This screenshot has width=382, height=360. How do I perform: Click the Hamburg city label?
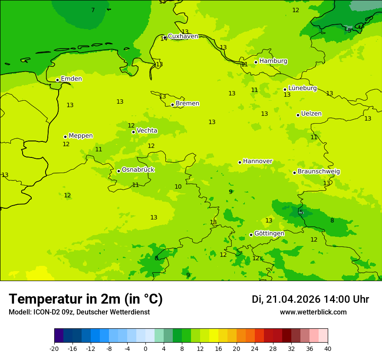click(x=273, y=61)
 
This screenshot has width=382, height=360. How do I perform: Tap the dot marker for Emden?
click(x=57, y=80)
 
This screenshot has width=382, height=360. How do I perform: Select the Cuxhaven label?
click(x=183, y=36)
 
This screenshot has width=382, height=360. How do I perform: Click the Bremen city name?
click(x=188, y=104)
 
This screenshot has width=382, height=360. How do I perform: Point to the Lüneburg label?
click(x=303, y=88)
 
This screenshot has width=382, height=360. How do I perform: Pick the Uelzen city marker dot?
click(x=298, y=115)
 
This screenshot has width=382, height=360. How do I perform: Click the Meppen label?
click(x=81, y=136)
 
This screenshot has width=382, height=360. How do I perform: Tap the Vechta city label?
click(x=147, y=131)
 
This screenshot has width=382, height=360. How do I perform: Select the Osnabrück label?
click(x=138, y=170)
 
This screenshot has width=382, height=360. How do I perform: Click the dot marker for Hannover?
click(x=240, y=162)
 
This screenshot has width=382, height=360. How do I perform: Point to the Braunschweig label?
click(x=319, y=172)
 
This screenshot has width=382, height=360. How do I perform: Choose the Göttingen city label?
click(x=269, y=234)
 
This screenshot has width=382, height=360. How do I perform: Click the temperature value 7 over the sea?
click(x=93, y=10)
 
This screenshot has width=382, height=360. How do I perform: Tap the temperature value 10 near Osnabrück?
click(x=178, y=187)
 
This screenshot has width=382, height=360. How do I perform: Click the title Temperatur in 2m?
click(x=86, y=299)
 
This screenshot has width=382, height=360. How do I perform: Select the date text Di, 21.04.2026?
click(x=286, y=299)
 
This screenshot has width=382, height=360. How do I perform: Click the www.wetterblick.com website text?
click(x=313, y=312)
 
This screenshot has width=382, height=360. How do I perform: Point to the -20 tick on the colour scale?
click(x=54, y=349)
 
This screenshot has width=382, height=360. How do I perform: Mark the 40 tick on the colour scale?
click(x=327, y=349)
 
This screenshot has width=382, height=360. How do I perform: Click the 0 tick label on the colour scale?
click(x=145, y=349)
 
